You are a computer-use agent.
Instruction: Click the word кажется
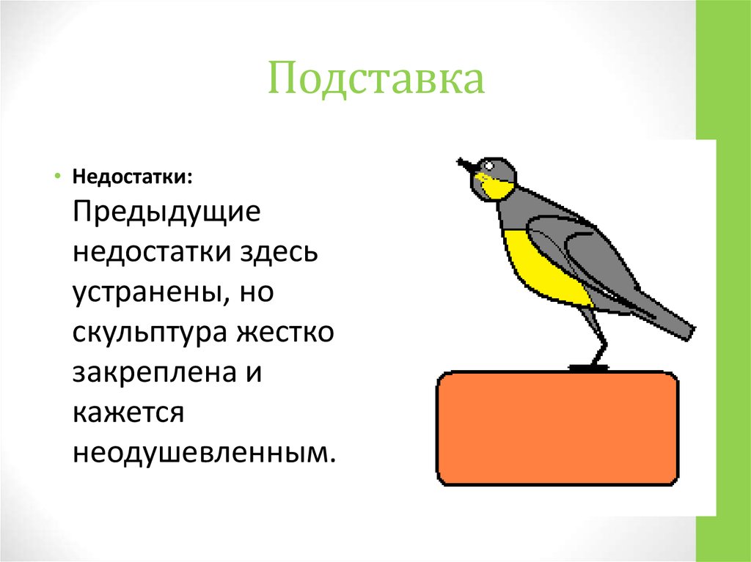coord(126,413)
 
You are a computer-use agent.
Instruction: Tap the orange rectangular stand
coord(557,429)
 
